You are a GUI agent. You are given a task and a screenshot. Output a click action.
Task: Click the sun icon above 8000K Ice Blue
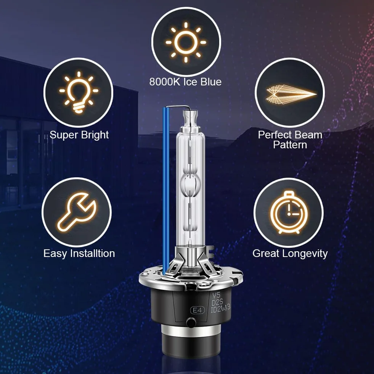tap(186, 42)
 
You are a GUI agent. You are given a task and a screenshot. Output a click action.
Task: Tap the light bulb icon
tap(79, 92)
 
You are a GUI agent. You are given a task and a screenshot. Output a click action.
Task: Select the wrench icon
tap(77, 212)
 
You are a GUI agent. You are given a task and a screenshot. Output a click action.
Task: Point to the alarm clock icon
tap(289, 212)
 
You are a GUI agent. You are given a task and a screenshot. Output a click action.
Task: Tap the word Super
tap(63, 135)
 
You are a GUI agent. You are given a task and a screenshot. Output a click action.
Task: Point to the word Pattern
tap(290, 145)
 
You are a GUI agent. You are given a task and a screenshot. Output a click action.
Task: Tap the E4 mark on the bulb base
tap(197, 310)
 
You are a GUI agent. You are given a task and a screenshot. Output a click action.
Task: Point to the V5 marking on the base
tap(216, 295)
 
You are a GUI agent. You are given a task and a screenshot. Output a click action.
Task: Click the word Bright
tap(95, 135)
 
